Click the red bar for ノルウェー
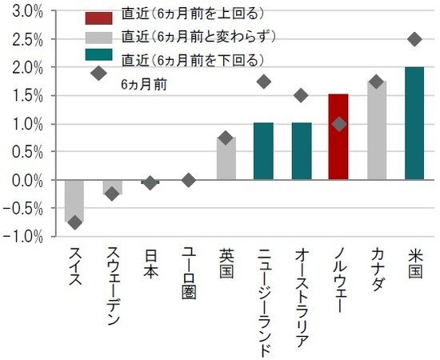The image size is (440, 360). [338, 137]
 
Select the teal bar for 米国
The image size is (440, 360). [414, 123]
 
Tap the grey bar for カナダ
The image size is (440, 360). [376, 130]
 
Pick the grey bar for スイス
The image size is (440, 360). [74, 201]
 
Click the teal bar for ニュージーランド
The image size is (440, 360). [263, 151]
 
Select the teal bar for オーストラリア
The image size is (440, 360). [301, 151]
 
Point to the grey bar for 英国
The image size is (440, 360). [226, 158]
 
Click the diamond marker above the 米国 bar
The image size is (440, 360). [414, 39]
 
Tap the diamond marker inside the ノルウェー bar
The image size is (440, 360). [338, 124]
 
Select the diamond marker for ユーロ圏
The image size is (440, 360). [188, 180]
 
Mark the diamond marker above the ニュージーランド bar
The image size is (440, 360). [263, 82]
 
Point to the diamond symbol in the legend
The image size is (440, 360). [98, 73]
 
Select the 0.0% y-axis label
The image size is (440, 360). [28, 181]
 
